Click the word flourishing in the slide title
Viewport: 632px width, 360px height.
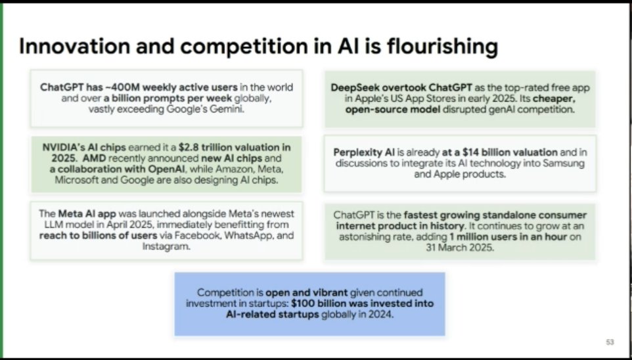441,47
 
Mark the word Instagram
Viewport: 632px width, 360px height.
167,246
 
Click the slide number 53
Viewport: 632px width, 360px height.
610,342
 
